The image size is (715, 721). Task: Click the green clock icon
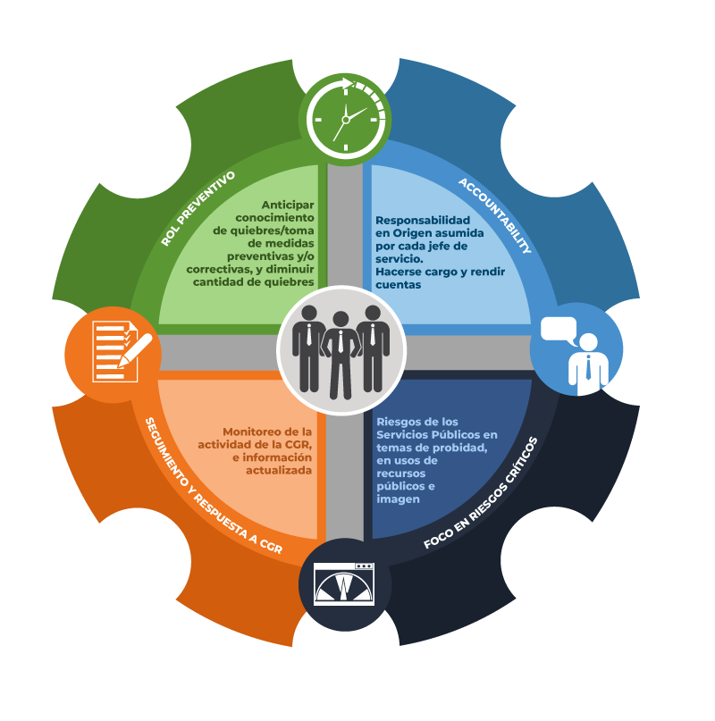(345, 119)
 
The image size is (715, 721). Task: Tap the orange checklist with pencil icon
(121, 351)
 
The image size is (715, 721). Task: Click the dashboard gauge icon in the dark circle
(344, 584)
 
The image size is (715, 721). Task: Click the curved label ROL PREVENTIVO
(198, 208)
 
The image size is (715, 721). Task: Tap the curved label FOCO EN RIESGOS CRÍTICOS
(481, 493)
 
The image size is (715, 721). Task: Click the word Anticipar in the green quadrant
(288, 205)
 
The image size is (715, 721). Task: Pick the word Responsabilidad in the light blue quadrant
(423, 220)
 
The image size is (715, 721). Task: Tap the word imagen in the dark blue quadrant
(398, 499)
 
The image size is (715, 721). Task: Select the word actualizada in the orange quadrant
(279, 471)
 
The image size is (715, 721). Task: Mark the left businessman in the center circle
(308, 348)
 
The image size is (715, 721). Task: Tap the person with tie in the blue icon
(588, 365)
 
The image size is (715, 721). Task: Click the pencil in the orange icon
(135, 350)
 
